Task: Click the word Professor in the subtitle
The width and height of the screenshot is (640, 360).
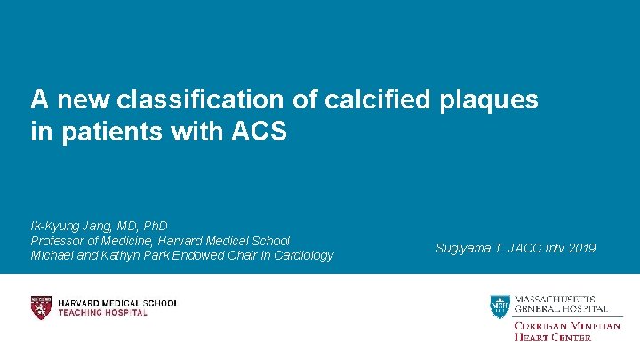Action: (60, 241)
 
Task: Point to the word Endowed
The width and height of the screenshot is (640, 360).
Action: (204, 255)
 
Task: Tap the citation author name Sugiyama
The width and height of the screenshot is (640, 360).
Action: (461, 248)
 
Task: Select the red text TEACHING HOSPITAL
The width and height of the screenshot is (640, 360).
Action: (102, 313)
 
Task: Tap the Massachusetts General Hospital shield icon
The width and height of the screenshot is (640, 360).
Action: (500, 306)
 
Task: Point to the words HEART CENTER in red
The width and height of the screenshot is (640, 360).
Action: (552, 337)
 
